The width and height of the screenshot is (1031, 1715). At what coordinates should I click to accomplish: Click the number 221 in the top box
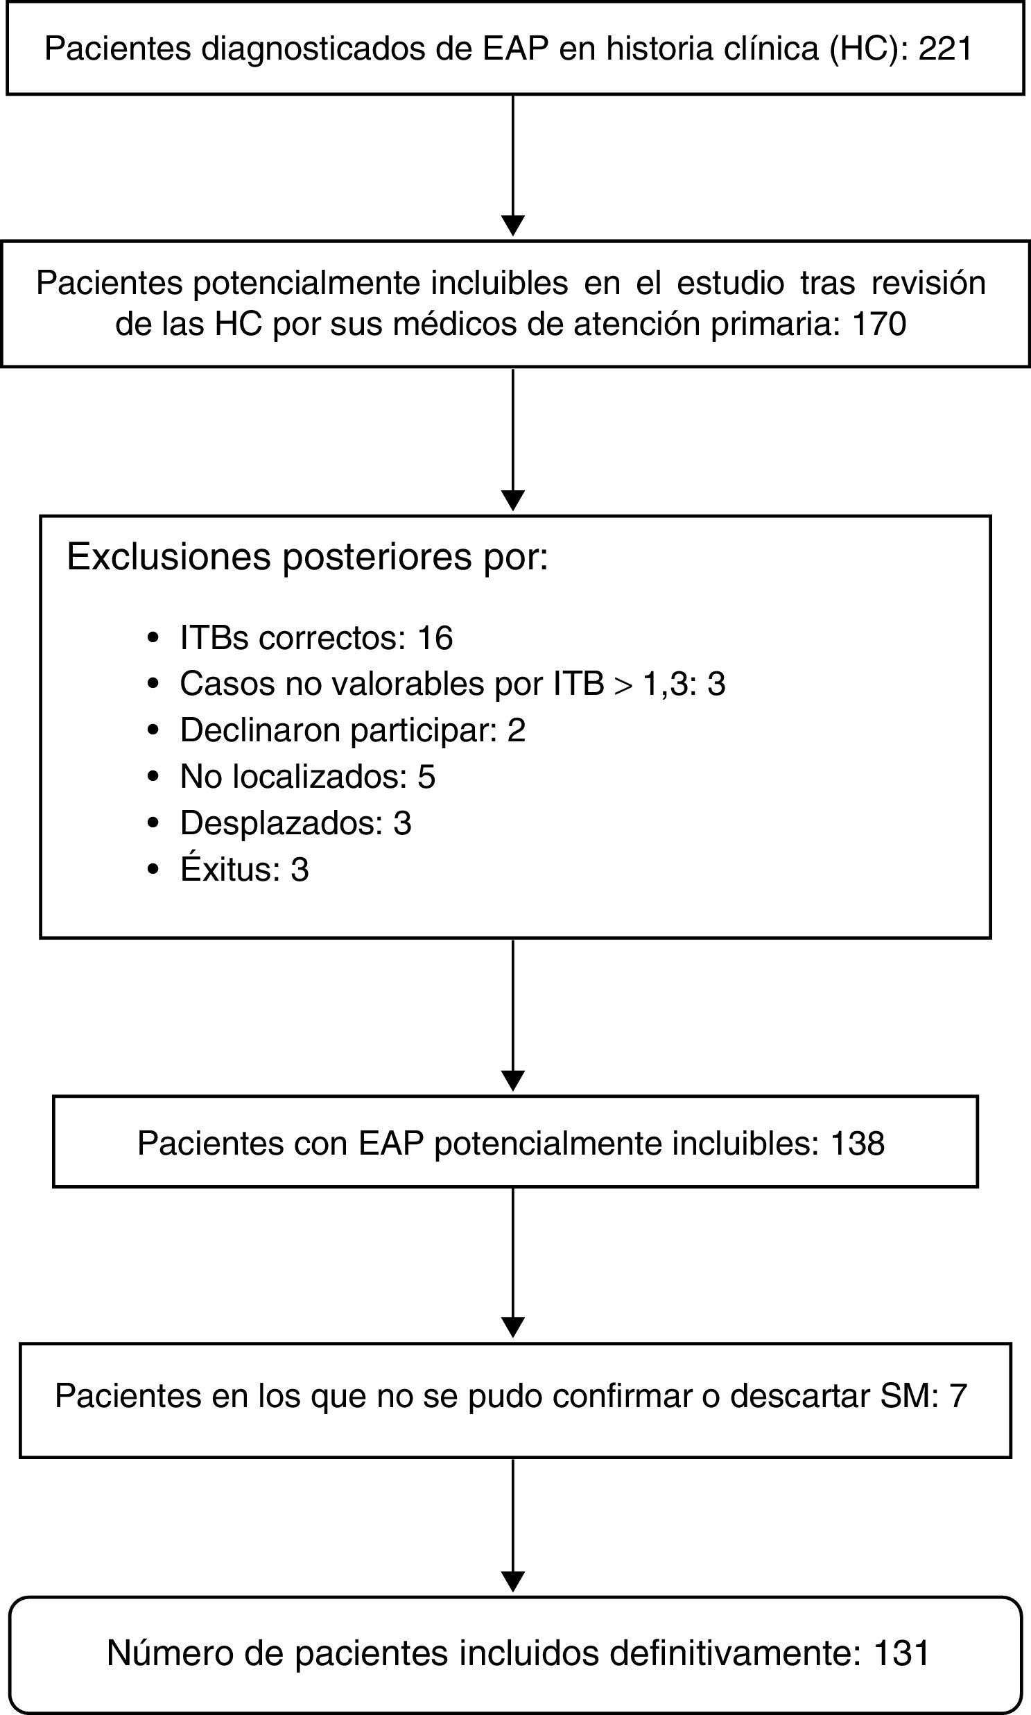coord(945,49)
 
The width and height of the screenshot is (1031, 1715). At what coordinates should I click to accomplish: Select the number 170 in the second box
coord(879,324)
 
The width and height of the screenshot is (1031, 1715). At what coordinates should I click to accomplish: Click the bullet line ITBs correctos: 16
coord(316,638)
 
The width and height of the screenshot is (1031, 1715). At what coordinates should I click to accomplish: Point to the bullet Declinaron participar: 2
coord(352,730)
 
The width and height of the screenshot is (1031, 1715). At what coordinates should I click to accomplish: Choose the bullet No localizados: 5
coord(307,776)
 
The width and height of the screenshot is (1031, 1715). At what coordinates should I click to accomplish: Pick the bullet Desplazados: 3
coord(295,822)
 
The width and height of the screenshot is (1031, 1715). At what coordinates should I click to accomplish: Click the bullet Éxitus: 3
coord(244,870)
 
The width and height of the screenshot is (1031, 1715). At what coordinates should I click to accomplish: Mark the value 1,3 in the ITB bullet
coord(664,684)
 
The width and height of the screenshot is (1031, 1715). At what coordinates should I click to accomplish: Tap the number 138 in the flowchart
coord(857,1143)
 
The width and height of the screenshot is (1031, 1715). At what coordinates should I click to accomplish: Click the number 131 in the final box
coord(903,1653)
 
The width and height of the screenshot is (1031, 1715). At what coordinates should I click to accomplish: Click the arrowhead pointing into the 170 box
coord(512,226)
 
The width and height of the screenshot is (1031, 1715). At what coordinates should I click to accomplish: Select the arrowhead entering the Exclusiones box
coord(512,500)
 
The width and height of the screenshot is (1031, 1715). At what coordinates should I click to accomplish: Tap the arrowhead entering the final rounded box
coord(512,1582)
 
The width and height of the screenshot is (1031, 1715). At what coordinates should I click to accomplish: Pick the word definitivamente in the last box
coord(736,1653)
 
